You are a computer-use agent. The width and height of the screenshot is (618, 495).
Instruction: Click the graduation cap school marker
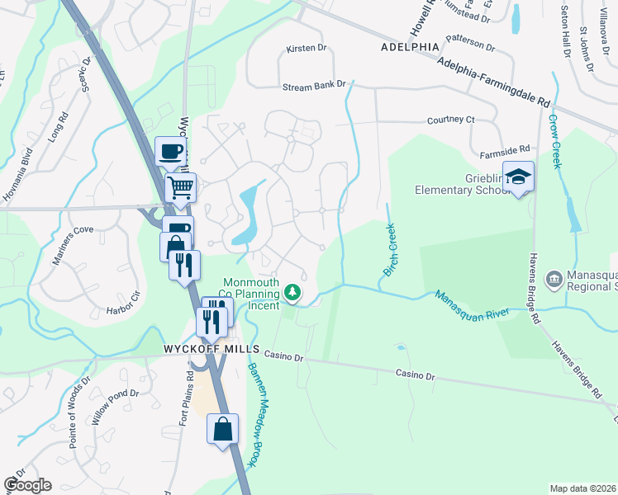coord(519,177)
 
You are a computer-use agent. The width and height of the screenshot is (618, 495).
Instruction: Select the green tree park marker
coord(292,292)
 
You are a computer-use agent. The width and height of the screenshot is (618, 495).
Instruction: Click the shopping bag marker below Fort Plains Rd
coord(222,429)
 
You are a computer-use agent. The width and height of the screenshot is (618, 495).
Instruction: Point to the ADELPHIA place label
coord(411,47)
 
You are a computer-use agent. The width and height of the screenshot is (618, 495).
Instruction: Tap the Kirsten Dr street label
coord(307,49)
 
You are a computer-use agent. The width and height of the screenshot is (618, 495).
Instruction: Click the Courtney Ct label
coord(451,120)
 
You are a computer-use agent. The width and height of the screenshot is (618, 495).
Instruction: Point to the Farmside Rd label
coord(504,151)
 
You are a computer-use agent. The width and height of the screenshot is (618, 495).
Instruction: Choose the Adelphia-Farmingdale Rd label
coord(494,84)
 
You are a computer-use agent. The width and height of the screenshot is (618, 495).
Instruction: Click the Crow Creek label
coord(555,143)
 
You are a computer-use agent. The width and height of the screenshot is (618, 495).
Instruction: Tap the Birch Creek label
coord(390,250)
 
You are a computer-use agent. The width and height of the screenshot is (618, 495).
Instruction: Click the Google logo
coord(27,485)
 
